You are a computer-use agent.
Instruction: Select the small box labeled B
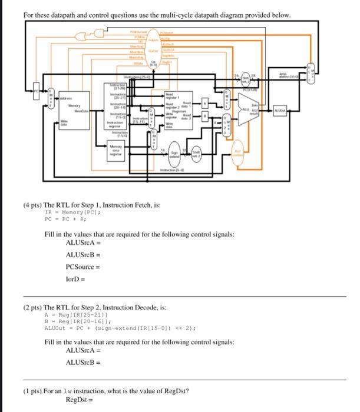205,117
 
